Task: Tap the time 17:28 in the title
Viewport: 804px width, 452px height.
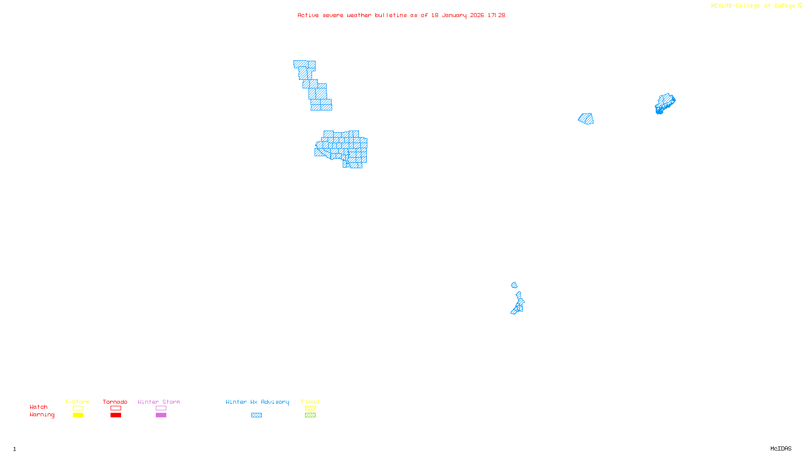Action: pyautogui.click(x=496, y=15)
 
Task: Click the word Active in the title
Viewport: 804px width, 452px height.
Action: pyautogui.click(x=308, y=15)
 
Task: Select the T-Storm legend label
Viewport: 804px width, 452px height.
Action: pyautogui.click(x=77, y=402)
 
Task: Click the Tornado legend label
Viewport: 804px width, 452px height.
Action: pyautogui.click(x=115, y=402)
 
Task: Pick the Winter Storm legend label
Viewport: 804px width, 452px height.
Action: pyautogui.click(x=159, y=402)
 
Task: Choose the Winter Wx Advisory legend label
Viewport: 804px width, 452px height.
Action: pyautogui.click(x=257, y=402)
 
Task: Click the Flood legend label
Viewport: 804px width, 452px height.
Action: pyautogui.click(x=310, y=402)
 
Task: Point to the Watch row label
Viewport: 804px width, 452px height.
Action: pyautogui.click(x=39, y=407)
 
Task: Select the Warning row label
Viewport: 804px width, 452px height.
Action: pyautogui.click(x=42, y=415)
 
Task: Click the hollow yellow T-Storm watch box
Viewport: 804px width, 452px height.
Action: pyautogui.click(x=78, y=408)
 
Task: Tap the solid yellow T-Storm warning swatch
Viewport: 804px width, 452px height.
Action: pyautogui.click(x=78, y=415)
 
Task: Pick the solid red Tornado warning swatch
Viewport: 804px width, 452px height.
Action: pyautogui.click(x=116, y=415)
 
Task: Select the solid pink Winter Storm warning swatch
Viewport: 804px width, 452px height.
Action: pyautogui.click(x=161, y=415)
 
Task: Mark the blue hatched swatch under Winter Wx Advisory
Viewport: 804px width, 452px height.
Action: pyautogui.click(x=256, y=415)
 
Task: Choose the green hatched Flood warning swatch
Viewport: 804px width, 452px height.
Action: pyautogui.click(x=310, y=415)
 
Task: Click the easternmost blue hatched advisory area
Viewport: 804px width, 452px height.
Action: pyautogui.click(x=665, y=103)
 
